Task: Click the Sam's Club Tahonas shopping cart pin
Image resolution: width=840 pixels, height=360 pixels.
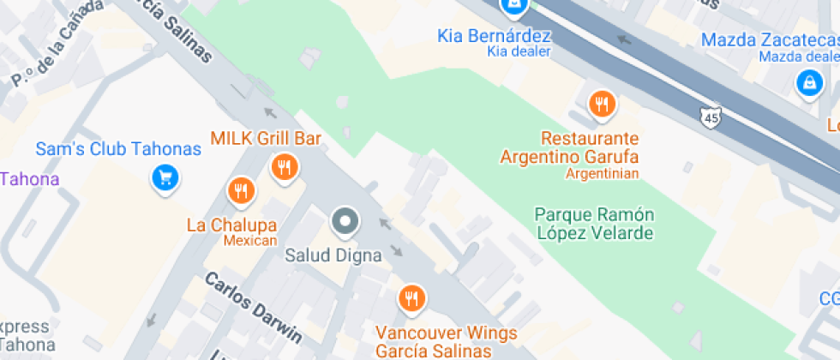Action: coord(164,177)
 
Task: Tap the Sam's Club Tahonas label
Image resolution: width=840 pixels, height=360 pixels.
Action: coord(118,149)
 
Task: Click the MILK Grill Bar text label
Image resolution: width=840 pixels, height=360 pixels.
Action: coord(266,138)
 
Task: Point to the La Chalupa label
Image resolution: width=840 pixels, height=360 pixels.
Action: coord(231,225)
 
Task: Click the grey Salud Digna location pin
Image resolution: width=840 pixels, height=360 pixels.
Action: coord(345,221)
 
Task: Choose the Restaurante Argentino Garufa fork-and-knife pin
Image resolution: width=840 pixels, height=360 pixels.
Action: coord(603,104)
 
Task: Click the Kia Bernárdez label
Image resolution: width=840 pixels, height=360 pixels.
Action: coord(494,36)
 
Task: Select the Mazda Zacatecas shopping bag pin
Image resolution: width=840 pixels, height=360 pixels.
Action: coord(807,82)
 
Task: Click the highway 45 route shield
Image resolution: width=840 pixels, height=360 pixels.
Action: coord(710,116)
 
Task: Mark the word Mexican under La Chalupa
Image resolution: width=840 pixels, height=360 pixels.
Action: coord(250,241)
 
